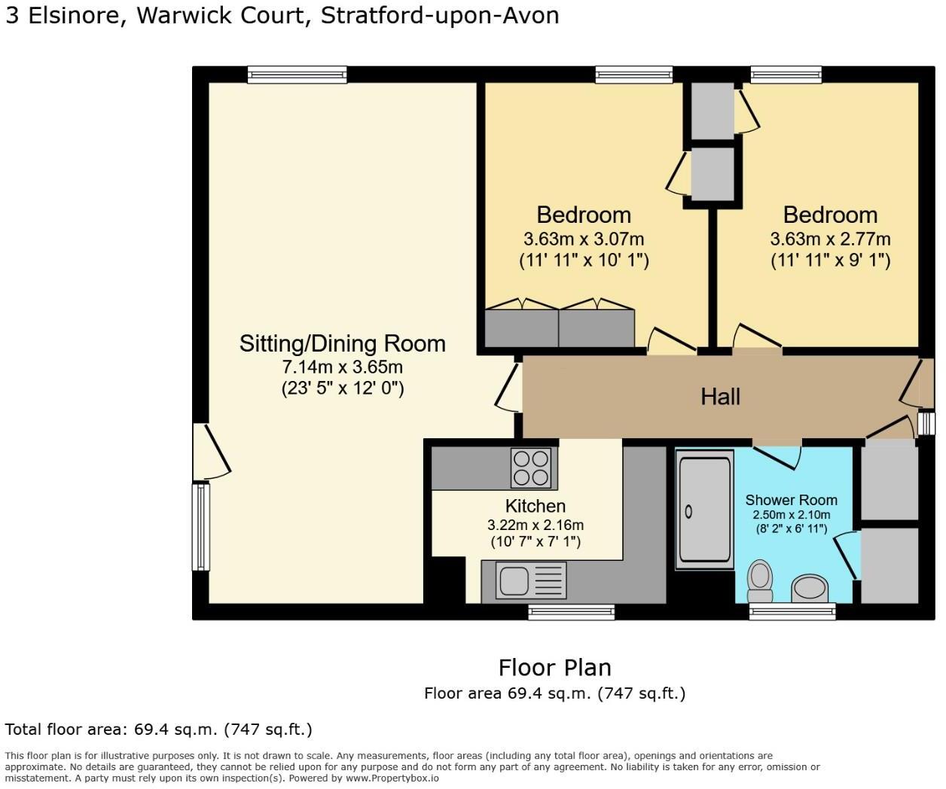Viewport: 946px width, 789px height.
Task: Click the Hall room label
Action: [720, 397]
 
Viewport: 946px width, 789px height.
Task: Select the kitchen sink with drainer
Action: [530, 581]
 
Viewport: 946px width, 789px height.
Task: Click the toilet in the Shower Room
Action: [760, 578]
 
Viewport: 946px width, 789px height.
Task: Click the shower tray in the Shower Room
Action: [705, 509]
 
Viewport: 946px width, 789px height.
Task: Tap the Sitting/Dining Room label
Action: [343, 343]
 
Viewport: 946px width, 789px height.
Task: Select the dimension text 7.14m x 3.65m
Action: [343, 367]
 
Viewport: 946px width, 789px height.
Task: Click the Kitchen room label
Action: [536, 506]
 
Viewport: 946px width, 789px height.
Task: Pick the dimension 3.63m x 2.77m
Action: [830, 239]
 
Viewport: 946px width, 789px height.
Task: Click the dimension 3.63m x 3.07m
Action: [584, 239]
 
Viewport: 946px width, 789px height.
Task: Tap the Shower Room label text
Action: [791, 500]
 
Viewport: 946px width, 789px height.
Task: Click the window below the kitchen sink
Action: [571, 612]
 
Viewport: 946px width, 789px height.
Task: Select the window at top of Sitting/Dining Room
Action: [298, 74]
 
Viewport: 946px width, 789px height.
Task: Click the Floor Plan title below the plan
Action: [554, 668]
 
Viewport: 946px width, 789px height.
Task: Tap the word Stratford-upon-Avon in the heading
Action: [440, 16]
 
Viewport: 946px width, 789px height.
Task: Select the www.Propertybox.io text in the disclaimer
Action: [392, 778]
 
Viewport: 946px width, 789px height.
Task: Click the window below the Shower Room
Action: [792, 612]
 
